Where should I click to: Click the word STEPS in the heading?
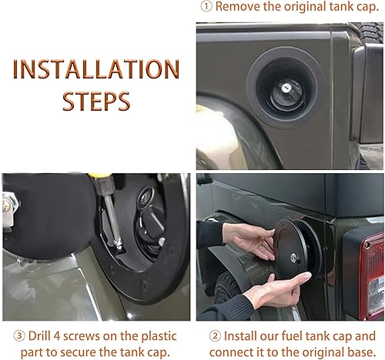[x=96, y=101]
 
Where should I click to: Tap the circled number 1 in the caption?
[x=205, y=7]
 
